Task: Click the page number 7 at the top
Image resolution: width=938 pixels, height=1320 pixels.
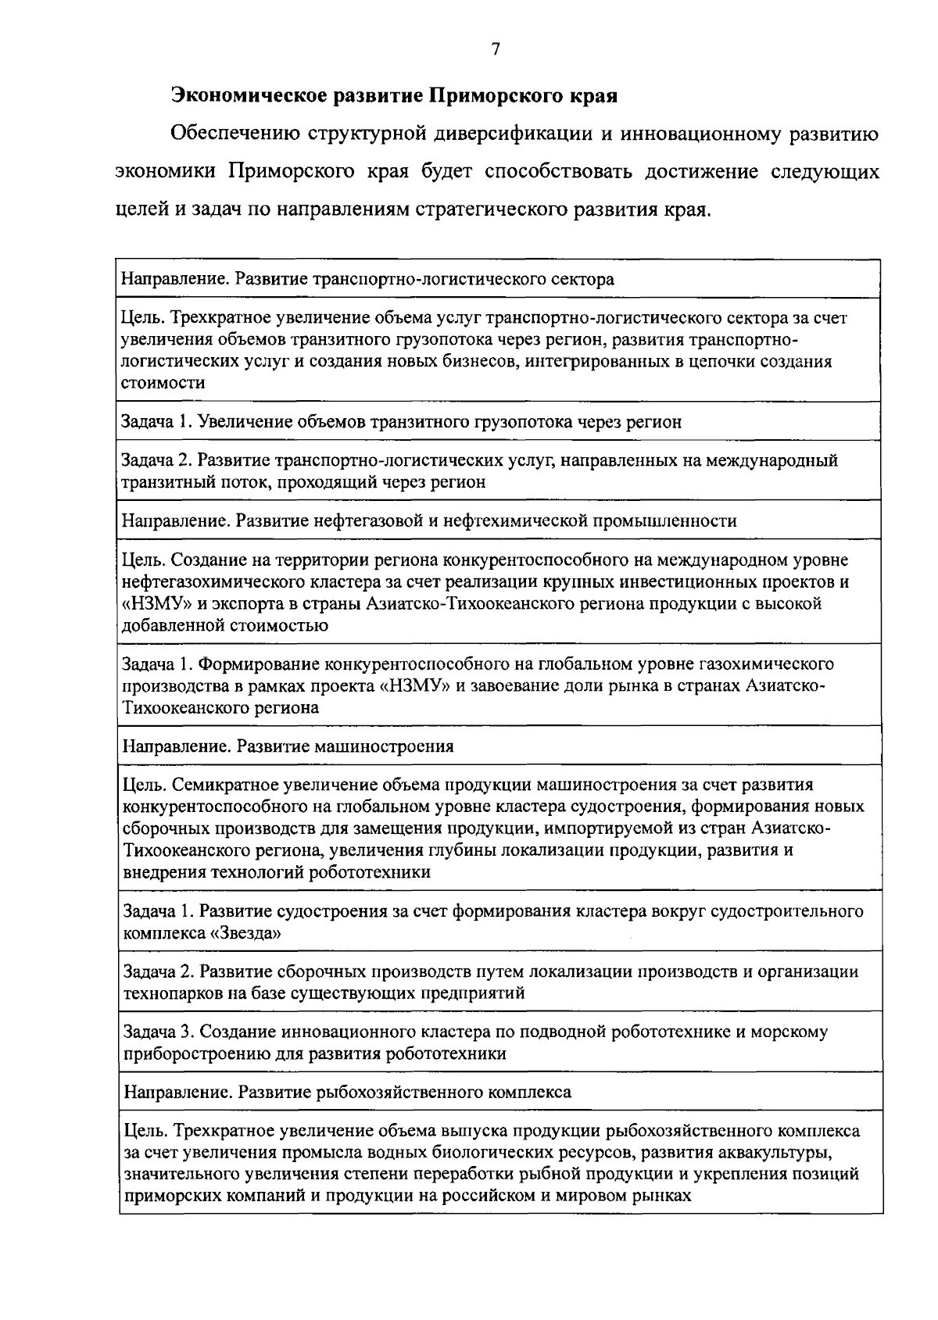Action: [495, 49]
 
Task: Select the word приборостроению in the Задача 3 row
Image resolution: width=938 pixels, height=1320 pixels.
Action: [184, 1053]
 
